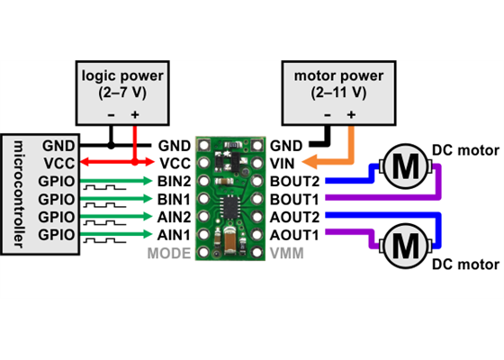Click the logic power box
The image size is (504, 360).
(122, 93)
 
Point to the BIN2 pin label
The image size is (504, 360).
(173, 181)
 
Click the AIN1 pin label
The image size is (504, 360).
(173, 235)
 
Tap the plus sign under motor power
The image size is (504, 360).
(350, 115)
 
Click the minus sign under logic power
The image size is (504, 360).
(111, 115)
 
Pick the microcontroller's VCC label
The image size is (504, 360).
(52, 163)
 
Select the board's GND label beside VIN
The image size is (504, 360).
(286, 145)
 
